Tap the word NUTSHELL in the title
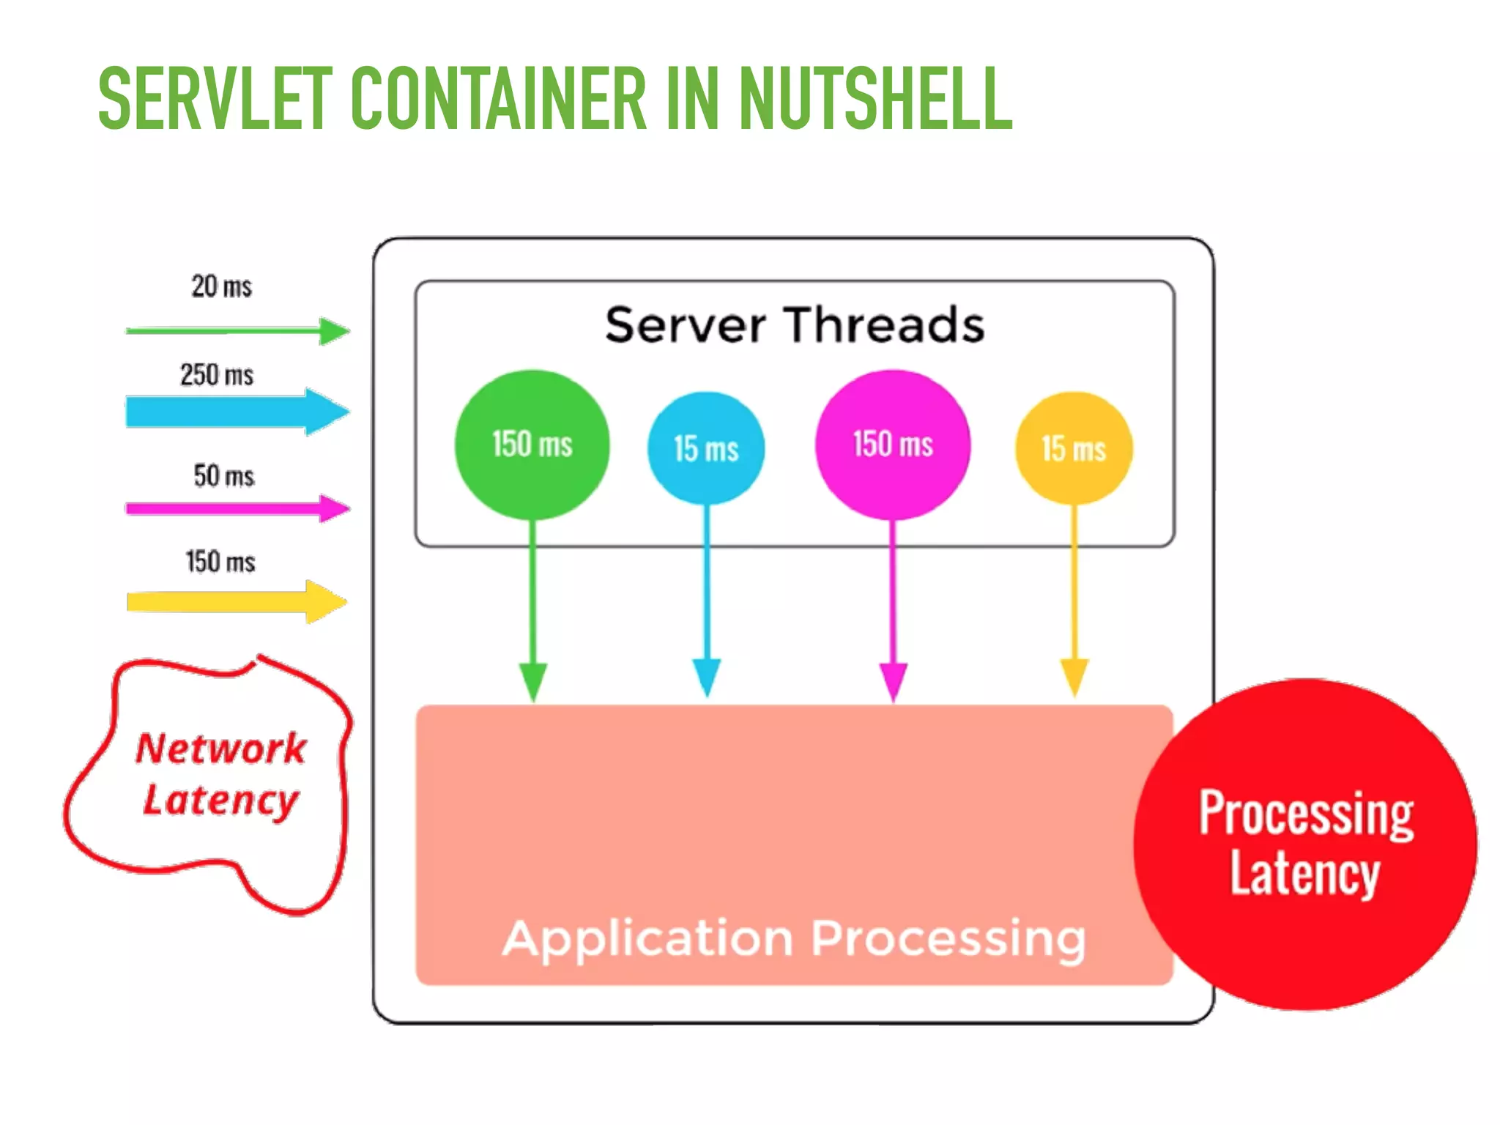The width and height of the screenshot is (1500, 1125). click(x=875, y=99)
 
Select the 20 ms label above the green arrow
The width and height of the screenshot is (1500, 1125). click(x=221, y=286)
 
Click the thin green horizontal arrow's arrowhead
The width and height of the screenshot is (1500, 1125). click(x=335, y=331)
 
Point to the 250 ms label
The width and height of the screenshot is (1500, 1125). click(x=217, y=375)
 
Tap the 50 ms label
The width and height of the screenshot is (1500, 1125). click(x=223, y=476)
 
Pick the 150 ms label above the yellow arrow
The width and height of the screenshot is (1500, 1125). click(x=220, y=562)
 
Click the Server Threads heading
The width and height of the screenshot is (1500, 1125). click(x=795, y=325)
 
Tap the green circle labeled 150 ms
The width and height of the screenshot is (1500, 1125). click(x=532, y=445)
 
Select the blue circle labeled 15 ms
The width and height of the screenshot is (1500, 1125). click(x=706, y=448)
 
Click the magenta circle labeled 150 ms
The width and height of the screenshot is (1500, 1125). click(x=893, y=445)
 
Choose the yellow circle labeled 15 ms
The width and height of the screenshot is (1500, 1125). click(x=1074, y=448)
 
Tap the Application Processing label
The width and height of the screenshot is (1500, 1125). click(x=794, y=939)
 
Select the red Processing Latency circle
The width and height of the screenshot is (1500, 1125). click(x=1305, y=844)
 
